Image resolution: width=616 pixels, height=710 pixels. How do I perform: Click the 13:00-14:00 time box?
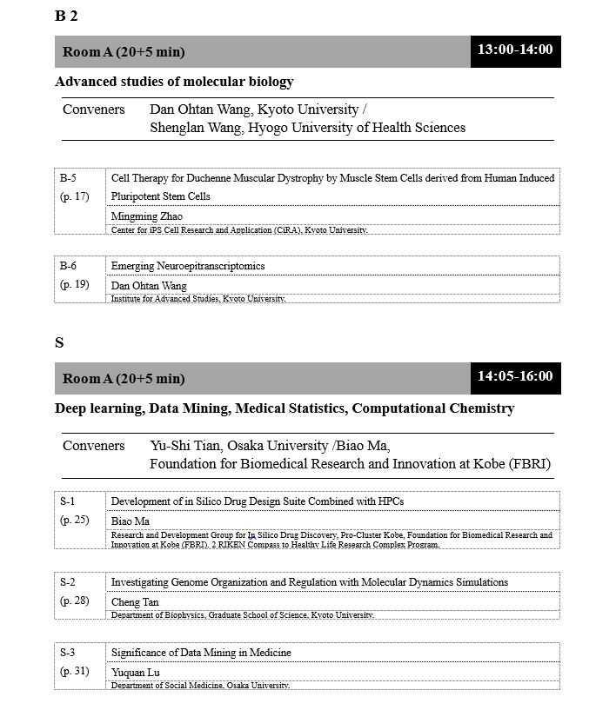pyautogui.click(x=515, y=50)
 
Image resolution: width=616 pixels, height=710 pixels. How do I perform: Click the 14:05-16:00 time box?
pyautogui.click(x=515, y=376)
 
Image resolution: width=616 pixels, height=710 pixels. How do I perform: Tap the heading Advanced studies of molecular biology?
pyautogui.click(x=174, y=82)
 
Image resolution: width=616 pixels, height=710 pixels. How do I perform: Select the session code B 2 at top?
pyautogui.click(x=66, y=15)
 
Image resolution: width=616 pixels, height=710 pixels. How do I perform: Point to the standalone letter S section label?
pyautogui.click(x=59, y=342)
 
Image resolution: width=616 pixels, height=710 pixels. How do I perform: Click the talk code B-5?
pyautogui.click(x=68, y=178)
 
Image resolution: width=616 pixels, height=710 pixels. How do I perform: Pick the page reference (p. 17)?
pyautogui.click(x=74, y=196)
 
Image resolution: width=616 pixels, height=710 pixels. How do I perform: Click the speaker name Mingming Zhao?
pyautogui.click(x=147, y=216)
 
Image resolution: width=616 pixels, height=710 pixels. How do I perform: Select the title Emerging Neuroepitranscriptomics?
pyautogui.click(x=188, y=266)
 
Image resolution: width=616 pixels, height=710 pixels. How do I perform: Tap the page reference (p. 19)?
pyautogui.click(x=74, y=284)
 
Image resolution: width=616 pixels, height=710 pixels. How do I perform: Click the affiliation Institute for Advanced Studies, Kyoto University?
pyautogui.click(x=198, y=299)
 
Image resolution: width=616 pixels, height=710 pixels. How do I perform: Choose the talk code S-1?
pyautogui.click(x=68, y=501)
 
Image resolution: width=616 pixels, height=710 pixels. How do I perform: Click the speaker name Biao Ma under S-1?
pyautogui.click(x=131, y=521)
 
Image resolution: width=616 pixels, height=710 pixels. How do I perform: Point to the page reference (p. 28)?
pyautogui.click(x=74, y=601)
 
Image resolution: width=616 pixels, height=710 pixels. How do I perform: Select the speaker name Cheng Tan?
pyautogui.click(x=136, y=601)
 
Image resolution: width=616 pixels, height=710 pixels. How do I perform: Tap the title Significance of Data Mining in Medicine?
pyautogui.click(x=201, y=653)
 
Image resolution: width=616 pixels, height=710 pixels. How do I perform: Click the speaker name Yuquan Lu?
pyautogui.click(x=137, y=672)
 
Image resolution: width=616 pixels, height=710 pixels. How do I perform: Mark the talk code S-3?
pyautogui.click(x=68, y=653)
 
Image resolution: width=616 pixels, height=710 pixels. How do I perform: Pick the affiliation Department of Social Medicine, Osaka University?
pyautogui.click(x=199, y=686)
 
